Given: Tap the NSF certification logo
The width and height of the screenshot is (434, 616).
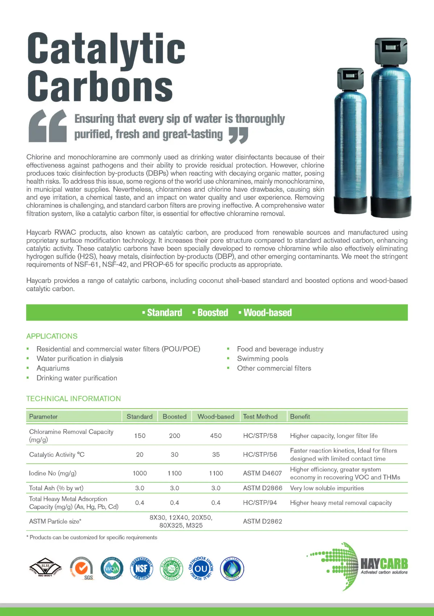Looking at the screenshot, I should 141,568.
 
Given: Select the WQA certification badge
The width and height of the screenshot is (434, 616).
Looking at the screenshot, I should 112,568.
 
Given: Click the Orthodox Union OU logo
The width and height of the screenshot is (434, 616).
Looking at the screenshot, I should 201,569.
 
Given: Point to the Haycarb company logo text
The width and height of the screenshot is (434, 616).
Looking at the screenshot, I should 384,564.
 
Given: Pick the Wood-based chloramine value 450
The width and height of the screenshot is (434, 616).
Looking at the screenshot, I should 216,436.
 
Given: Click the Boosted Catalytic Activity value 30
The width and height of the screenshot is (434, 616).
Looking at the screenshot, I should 174,455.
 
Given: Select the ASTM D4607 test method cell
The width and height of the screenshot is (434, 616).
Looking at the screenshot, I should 262,473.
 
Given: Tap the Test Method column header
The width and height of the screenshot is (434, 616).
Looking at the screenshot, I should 260,417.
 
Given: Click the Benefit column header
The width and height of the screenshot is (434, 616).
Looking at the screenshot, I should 300,417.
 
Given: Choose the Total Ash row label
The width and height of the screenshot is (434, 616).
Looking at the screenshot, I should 56,488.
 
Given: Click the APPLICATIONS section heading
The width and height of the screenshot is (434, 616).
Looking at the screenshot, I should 52,336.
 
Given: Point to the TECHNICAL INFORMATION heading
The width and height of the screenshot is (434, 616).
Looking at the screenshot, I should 73,399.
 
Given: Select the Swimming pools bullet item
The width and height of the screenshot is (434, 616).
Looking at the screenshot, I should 263,359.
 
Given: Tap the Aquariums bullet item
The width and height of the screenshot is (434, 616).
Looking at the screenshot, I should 53,368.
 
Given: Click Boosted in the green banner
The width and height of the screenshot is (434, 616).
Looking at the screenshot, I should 213,313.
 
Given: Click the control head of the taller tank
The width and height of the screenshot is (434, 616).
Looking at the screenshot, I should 391,51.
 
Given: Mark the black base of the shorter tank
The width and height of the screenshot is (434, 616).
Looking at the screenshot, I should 350,207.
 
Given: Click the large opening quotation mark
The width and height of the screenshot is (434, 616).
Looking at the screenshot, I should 47,126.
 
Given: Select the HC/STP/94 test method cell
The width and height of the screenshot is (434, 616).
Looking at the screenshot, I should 260,503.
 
